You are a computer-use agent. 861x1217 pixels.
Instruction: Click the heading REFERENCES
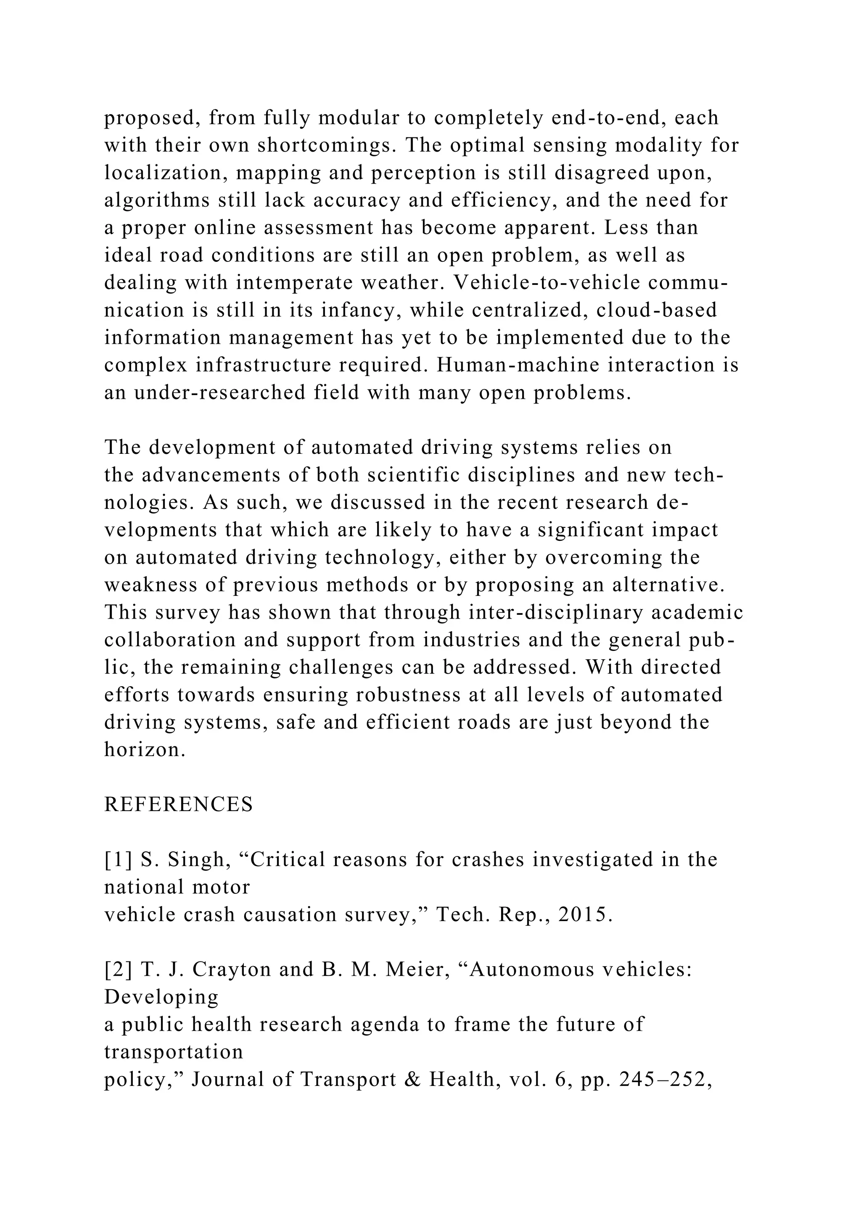point(178,805)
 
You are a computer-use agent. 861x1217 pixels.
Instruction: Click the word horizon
point(144,750)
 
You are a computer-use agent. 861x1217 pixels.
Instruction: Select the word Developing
point(161,998)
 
